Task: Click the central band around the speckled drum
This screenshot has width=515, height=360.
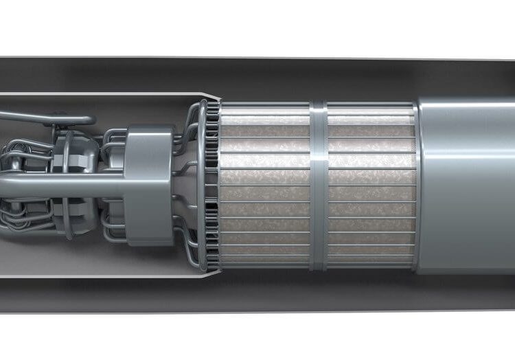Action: point(318,185)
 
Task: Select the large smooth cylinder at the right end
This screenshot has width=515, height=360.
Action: point(467,185)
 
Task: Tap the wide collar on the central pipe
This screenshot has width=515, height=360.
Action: point(149,184)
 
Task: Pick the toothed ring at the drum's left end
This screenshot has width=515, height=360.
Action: point(212,185)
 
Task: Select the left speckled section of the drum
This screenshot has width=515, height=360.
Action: point(264,185)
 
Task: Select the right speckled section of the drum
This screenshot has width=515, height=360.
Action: point(371,185)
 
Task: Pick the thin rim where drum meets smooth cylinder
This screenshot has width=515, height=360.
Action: point(416,185)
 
